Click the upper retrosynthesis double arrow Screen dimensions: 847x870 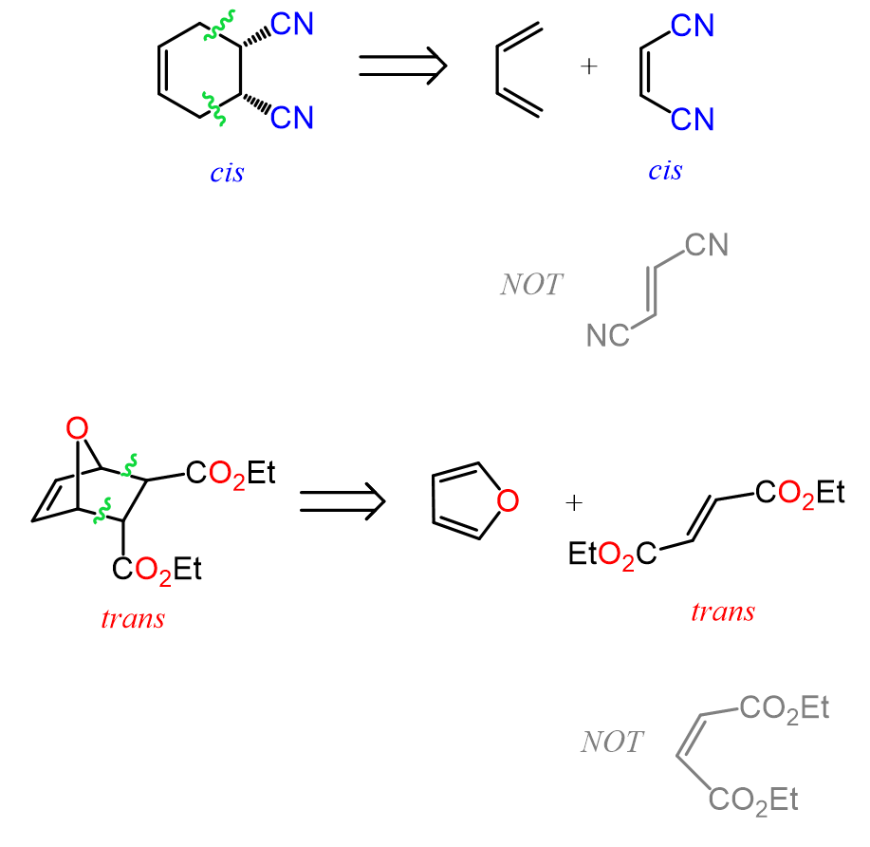(402, 66)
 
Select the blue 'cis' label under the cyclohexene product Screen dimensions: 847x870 (228, 174)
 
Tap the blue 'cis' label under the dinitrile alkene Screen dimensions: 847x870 (665, 171)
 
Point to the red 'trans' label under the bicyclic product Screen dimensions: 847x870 (133, 618)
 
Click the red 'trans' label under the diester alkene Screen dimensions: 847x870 (723, 611)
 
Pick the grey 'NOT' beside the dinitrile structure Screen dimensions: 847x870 (531, 284)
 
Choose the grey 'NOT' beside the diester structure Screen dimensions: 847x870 (612, 742)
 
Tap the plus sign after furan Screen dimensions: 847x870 (573, 501)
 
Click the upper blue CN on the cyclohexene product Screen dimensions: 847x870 (291, 24)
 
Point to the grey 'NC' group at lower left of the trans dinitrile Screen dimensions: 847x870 (606, 335)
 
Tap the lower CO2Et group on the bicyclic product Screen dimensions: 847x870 (157, 569)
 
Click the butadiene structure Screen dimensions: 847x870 (519, 68)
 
